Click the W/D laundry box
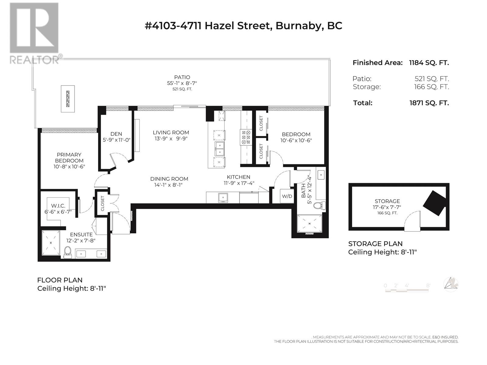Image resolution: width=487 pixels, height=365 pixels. click(287, 196)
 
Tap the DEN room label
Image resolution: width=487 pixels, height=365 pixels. click(116, 134)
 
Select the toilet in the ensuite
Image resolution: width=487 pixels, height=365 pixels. click(67, 252)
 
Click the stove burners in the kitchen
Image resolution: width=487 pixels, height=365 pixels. click(246, 137)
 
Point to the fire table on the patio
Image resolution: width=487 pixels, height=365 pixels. click(68, 99)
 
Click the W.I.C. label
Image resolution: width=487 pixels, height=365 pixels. click(58, 206)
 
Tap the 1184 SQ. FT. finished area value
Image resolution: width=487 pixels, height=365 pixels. click(429, 63)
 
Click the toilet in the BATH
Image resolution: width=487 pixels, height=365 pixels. click(320, 205)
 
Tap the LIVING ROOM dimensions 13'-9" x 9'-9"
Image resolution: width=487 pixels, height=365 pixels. click(171, 139)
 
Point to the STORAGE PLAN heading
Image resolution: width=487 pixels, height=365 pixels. click(375, 244)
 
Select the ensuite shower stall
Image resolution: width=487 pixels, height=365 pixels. click(51, 243)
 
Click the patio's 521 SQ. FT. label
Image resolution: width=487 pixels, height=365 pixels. click(182, 89)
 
